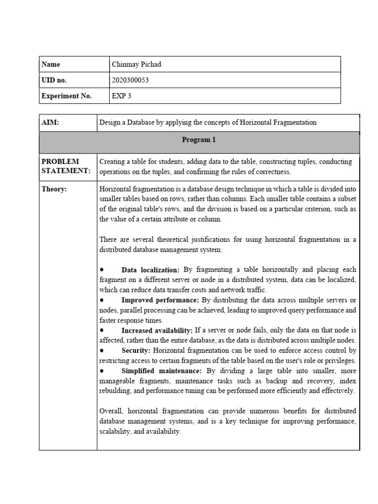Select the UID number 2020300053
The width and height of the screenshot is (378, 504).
coord(131,80)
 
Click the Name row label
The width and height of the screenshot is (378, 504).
coord(51,64)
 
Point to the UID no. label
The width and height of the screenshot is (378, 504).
coord(54,80)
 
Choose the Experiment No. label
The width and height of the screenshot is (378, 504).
coord(67,96)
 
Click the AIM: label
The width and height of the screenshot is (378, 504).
coord(51,123)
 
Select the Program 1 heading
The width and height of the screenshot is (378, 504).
coord(199,140)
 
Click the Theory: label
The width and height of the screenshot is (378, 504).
coord(54,189)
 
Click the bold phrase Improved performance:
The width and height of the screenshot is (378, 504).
coord(160,300)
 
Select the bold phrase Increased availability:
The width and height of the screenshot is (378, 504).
coord(157,330)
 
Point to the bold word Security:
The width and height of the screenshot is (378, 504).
coord(136,350)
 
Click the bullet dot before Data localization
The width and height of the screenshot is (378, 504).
coord(101,270)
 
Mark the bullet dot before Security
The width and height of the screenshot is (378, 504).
coord(101,350)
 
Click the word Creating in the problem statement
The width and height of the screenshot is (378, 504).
coord(113,161)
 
